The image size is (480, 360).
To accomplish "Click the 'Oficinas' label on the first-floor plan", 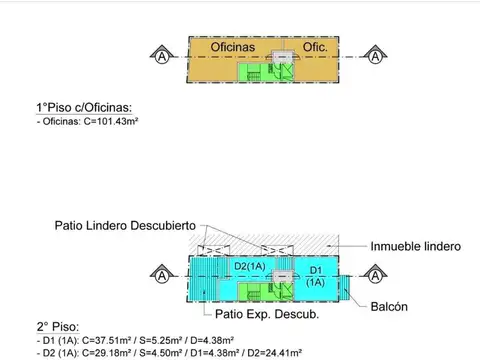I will [x=237, y=47].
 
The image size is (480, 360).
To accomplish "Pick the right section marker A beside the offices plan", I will [x=375, y=56].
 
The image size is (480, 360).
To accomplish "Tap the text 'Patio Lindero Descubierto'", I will [x=125, y=225].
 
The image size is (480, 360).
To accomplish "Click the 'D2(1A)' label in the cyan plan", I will [x=250, y=266].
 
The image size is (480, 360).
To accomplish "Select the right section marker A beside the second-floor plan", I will [x=375, y=275].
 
